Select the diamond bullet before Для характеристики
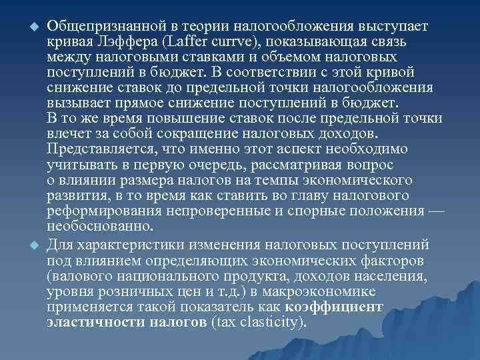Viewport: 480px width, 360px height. coord(29,243)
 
